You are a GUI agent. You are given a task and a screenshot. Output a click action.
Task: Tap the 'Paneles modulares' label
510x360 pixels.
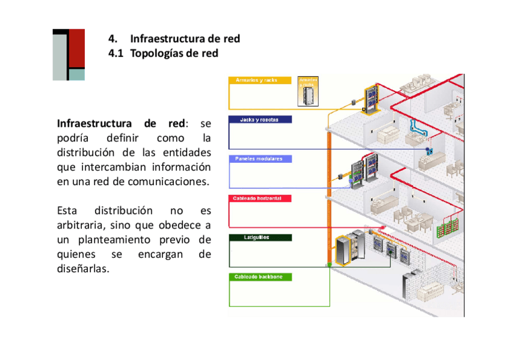pos(259,159)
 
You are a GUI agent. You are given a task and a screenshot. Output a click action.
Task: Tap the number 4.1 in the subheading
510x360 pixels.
pos(115,53)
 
